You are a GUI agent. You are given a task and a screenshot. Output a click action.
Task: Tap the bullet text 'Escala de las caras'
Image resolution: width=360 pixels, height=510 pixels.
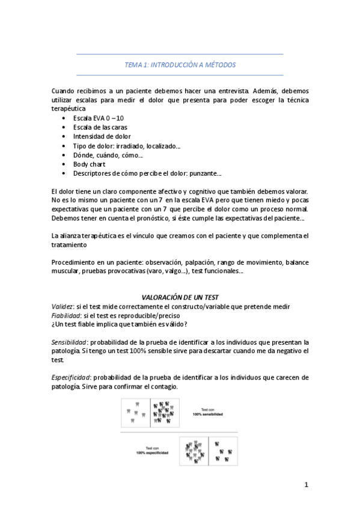(100, 127)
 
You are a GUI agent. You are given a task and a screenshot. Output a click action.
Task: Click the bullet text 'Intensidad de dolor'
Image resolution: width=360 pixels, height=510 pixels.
(102, 136)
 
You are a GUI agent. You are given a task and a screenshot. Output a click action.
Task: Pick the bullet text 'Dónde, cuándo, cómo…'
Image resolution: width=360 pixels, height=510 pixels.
(108, 155)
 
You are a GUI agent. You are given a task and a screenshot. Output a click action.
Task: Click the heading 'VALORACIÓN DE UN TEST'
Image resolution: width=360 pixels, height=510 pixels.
(180, 297)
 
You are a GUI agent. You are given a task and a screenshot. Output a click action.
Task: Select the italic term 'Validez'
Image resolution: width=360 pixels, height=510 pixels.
(62, 306)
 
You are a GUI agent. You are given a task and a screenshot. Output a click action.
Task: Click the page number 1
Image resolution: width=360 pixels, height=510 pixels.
(306, 484)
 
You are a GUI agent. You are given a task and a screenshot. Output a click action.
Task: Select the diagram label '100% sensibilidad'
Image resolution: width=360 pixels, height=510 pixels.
(208, 414)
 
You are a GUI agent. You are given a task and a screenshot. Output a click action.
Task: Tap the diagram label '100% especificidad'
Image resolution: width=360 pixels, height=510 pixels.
(152, 452)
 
